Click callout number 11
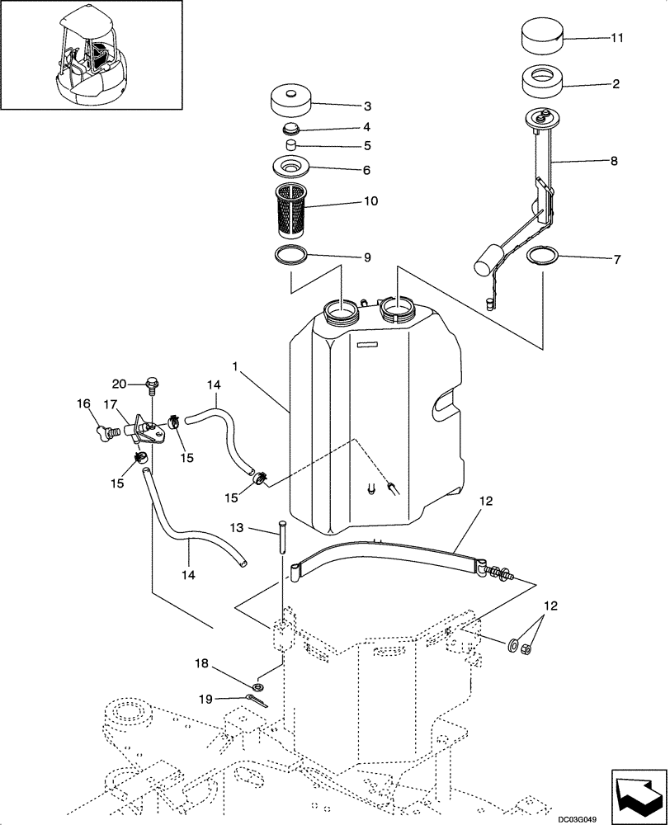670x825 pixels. (617, 38)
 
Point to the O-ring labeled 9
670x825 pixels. (291, 254)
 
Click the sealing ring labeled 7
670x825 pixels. (543, 257)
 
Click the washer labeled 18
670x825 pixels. (259, 686)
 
